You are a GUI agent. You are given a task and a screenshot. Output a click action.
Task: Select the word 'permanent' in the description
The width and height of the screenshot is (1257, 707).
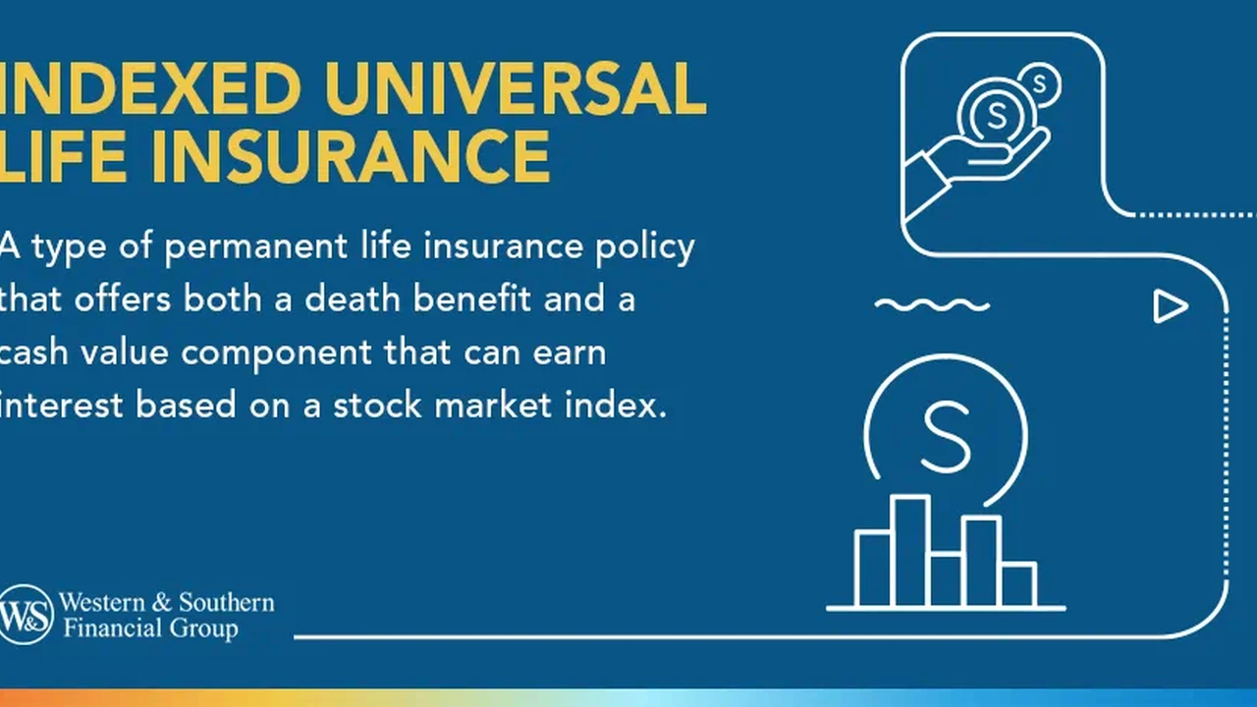(x=256, y=246)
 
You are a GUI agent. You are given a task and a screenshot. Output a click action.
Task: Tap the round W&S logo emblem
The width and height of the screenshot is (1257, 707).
(x=26, y=615)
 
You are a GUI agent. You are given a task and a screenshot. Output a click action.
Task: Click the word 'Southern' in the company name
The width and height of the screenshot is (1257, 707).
(x=227, y=602)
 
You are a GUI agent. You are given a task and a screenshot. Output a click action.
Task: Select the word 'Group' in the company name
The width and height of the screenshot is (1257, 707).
(x=204, y=628)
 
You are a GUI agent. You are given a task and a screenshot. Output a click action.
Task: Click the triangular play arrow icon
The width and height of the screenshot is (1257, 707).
(x=1171, y=306)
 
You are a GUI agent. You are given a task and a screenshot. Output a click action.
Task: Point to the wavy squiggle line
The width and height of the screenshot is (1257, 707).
(x=932, y=305)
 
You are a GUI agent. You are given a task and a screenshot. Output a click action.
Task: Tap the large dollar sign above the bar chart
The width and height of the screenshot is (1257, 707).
(x=946, y=437)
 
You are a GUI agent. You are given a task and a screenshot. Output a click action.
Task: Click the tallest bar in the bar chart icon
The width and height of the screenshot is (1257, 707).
(x=910, y=551)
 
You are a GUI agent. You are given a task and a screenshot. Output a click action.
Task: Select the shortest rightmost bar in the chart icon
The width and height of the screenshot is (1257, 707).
(x=1018, y=584)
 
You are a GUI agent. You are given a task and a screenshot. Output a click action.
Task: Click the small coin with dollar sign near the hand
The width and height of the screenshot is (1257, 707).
(x=1039, y=84)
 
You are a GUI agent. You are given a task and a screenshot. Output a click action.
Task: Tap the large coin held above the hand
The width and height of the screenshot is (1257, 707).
(x=997, y=116)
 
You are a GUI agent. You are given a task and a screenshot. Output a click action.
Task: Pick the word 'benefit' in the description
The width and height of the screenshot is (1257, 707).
(x=472, y=299)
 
